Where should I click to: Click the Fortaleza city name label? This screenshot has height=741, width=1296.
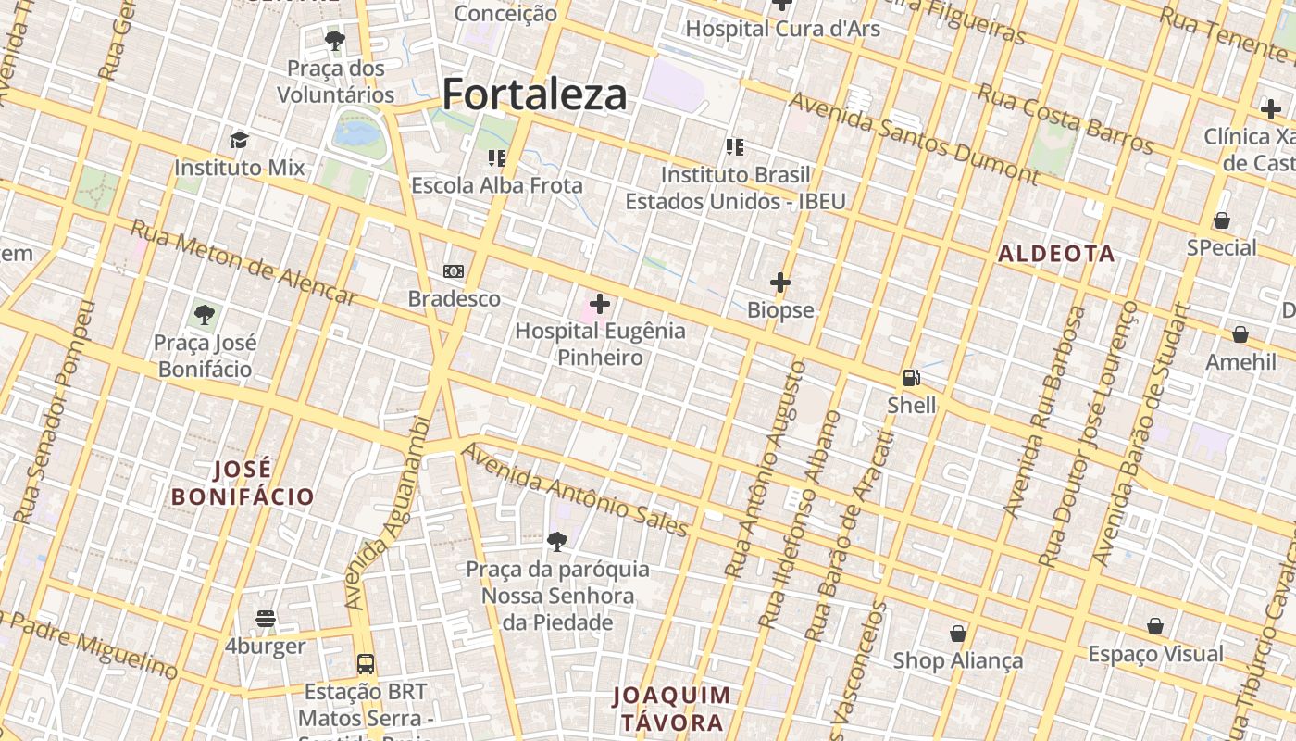[x=534, y=94]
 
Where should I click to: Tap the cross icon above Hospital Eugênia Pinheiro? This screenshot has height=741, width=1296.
[x=600, y=303]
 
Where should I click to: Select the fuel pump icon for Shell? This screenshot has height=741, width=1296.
[x=912, y=378]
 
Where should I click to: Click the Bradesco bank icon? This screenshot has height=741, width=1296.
[x=454, y=271]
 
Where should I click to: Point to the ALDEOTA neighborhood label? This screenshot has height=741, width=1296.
[x=1056, y=254]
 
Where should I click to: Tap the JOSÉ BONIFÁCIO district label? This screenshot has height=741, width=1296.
[x=243, y=483]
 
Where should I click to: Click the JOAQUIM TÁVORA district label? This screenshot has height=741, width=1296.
[x=672, y=709]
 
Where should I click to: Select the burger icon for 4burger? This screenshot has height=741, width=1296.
[x=266, y=619]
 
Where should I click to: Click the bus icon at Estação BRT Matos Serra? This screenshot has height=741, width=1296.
[x=366, y=664]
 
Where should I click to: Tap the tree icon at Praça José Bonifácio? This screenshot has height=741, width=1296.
[x=205, y=315]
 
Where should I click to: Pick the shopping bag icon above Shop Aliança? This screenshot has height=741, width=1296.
[x=958, y=634]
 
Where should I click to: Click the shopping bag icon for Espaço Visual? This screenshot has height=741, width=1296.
[x=1155, y=627]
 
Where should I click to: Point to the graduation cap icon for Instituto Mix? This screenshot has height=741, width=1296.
[x=240, y=141]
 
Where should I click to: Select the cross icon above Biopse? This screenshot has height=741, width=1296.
[x=780, y=282]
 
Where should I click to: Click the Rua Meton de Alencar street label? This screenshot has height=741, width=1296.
[x=243, y=262]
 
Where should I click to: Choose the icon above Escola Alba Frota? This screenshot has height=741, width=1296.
[x=497, y=158]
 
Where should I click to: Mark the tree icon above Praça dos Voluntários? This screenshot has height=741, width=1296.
[x=335, y=41]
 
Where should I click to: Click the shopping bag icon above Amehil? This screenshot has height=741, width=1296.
[x=1240, y=334]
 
